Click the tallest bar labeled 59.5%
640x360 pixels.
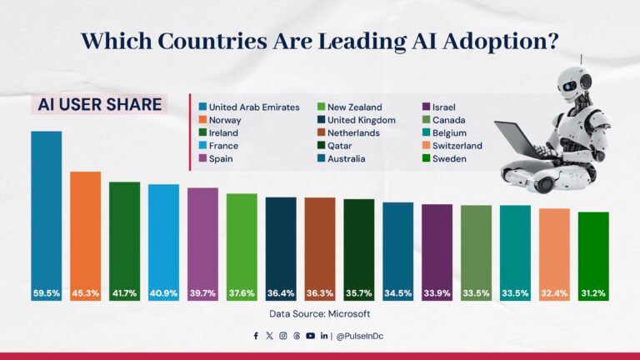pyautogui.click(x=47, y=208)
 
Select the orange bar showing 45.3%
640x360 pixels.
pyautogui.click(x=85, y=229)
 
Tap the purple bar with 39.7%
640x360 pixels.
pyautogui.click(x=202, y=237)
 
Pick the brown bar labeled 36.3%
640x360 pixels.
pyautogui.click(x=320, y=242)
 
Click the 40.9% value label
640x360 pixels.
pyautogui.click(x=163, y=293)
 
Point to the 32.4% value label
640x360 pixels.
pyautogui.click(x=554, y=293)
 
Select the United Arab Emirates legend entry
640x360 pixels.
pyautogui.click(x=253, y=107)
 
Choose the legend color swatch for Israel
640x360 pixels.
pyautogui.click(x=427, y=107)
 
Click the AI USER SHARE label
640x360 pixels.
pyautogui.click(x=99, y=104)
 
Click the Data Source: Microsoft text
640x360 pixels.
pyautogui.click(x=319, y=314)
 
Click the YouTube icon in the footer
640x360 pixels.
pyautogui.click(x=310, y=336)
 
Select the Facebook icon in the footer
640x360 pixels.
pyautogui.click(x=256, y=336)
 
